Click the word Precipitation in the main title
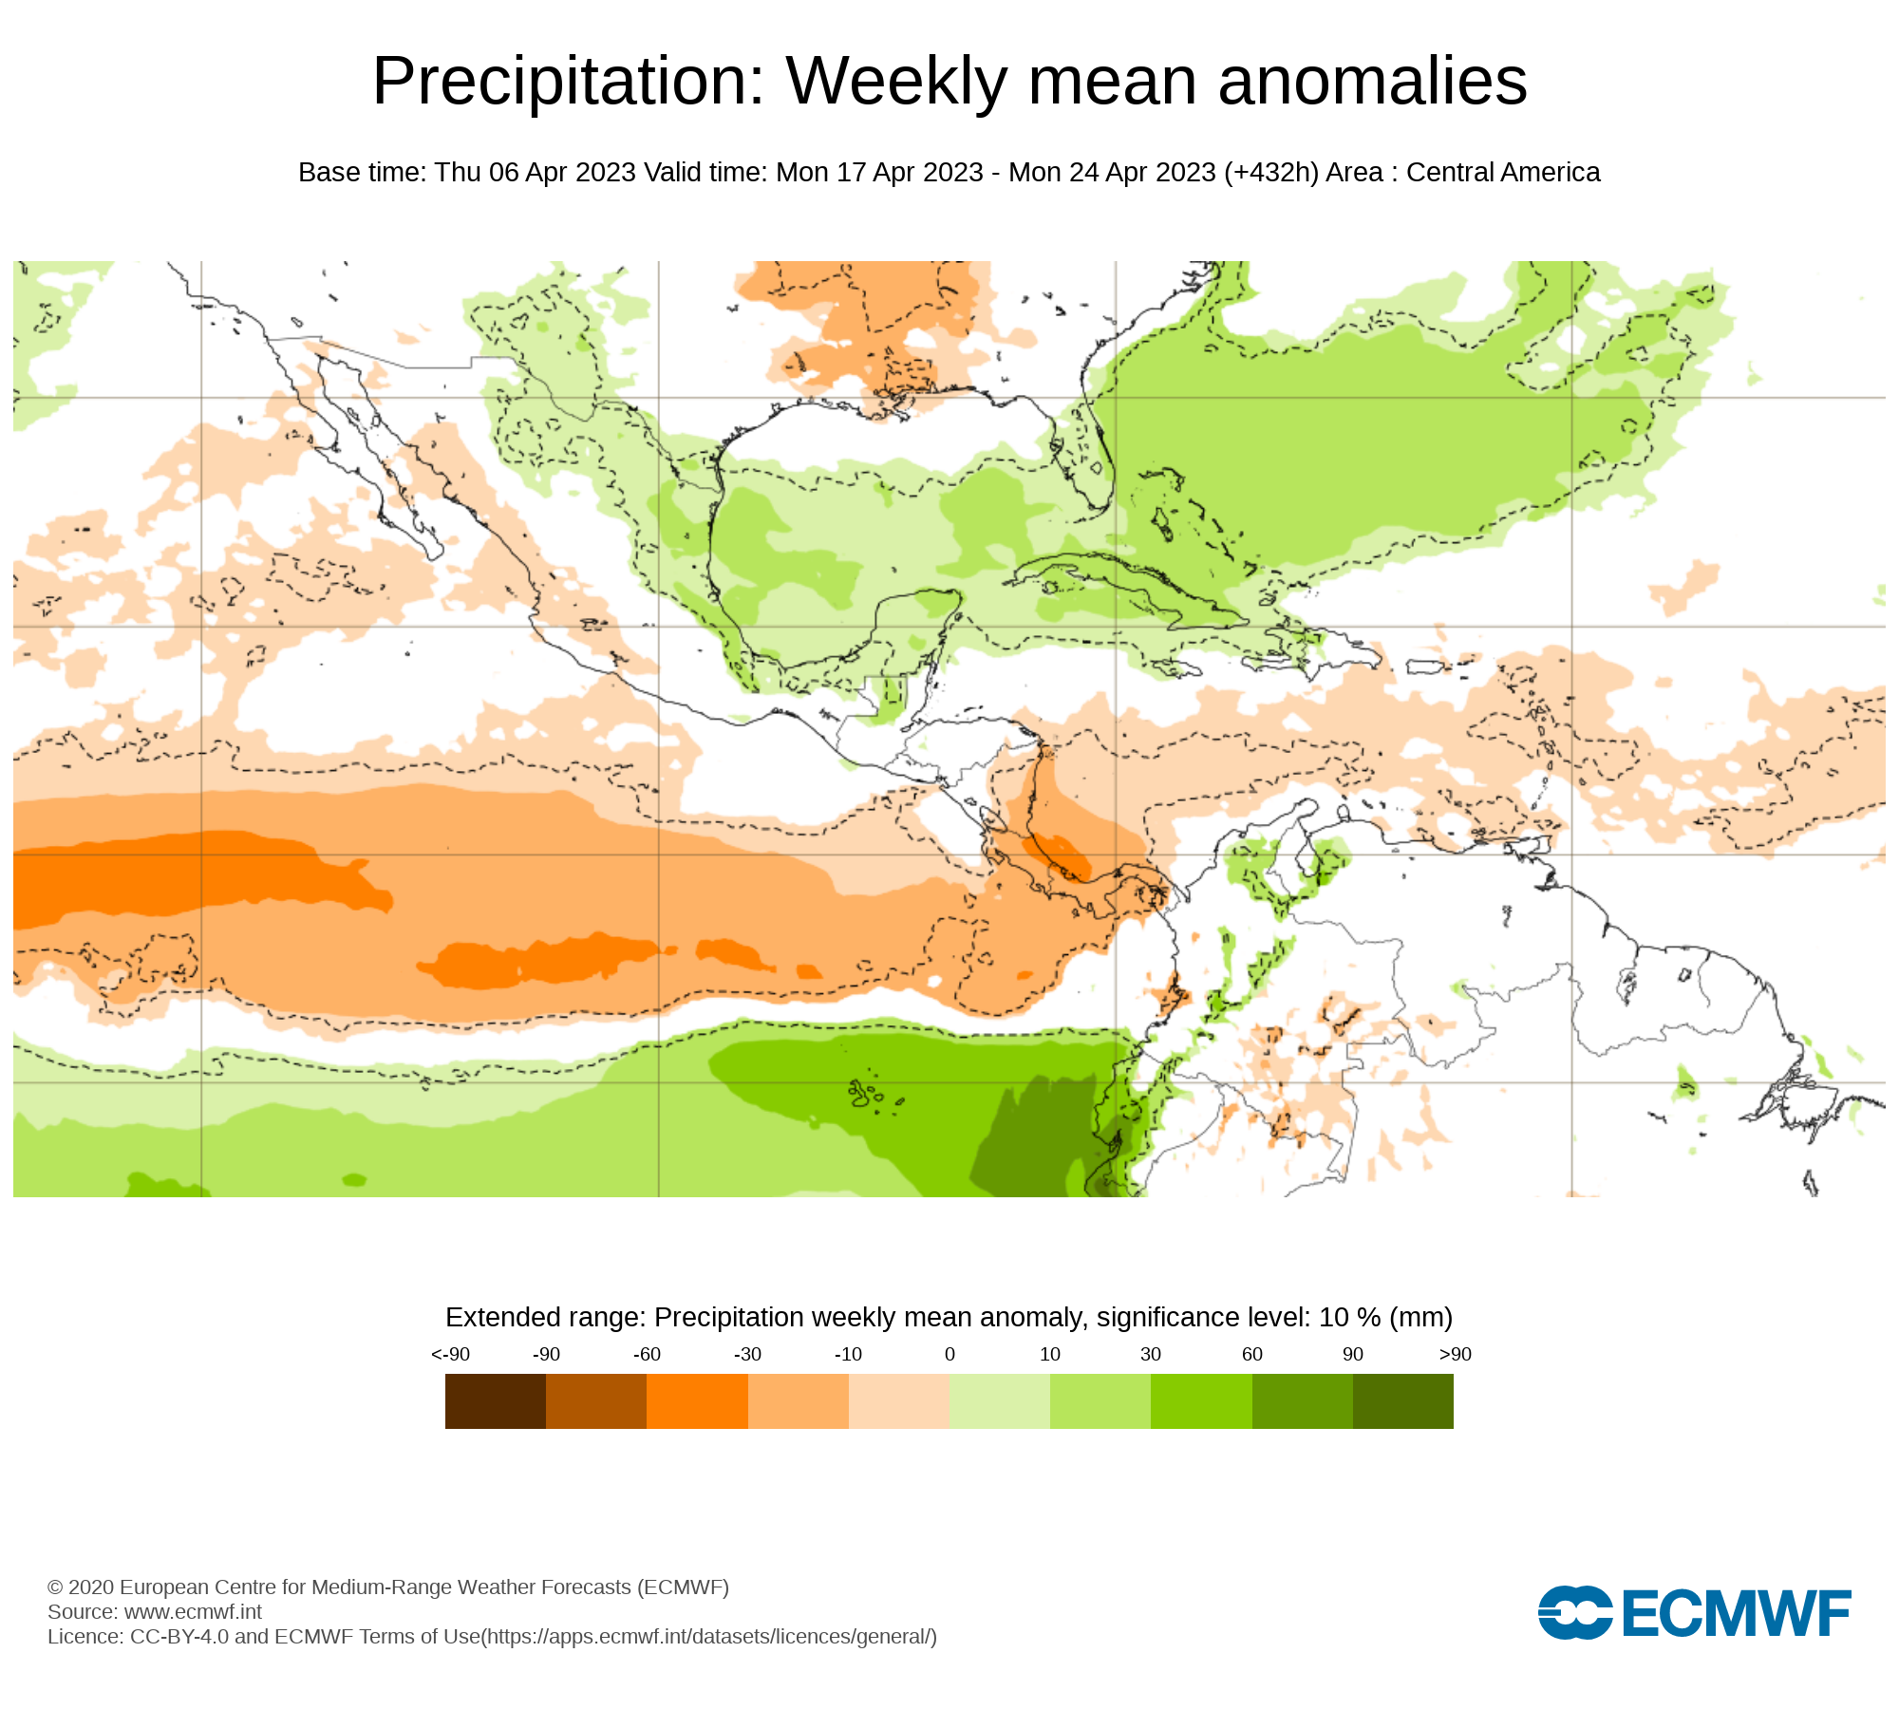pyautogui.click(x=568, y=82)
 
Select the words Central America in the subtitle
pyautogui.click(x=1503, y=173)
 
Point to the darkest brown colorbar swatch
pyautogui.click(x=495, y=1401)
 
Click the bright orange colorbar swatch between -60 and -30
pyautogui.click(x=697, y=1401)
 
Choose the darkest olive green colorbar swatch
pyautogui.click(x=1402, y=1401)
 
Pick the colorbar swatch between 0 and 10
pyautogui.click(x=999, y=1401)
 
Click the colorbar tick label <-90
pyautogui.click(x=450, y=1354)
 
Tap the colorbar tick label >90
pyautogui.click(x=1455, y=1354)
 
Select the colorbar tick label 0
pyautogui.click(x=949, y=1354)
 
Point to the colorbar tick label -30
pyautogui.click(x=747, y=1354)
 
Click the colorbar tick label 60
pyautogui.click(x=1252, y=1354)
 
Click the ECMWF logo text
pyautogui.click(x=1736, y=1613)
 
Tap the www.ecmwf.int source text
pyautogui.click(x=193, y=1611)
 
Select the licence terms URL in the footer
pyautogui.click(x=709, y=1636)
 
